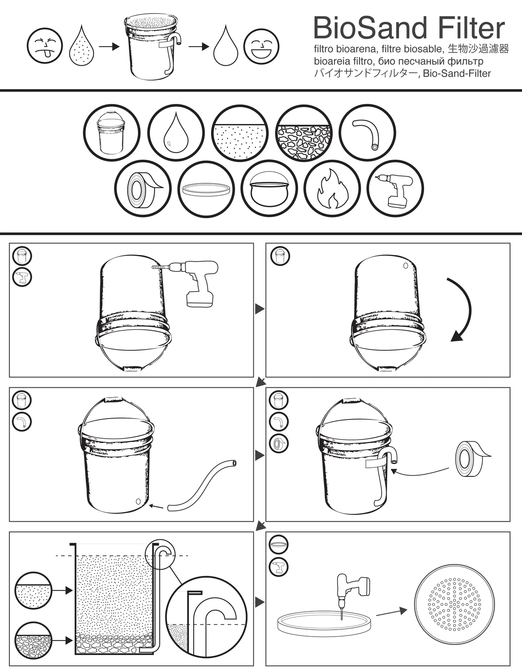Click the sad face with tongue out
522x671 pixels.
pyautogui.click(x=44, y=46)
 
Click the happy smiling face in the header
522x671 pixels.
pyautogui.click(x=261, y=46)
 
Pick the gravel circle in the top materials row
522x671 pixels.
pyautogui.click(x=304, y=132)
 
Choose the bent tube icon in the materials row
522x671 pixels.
pyautogui.click(x=367, y=132)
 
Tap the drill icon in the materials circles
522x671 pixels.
pyautogui.click(x=395, y=189)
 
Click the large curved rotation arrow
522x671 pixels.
pyautogui.click(x=462, y=309)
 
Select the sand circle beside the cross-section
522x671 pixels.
pyautogui.click(x=33, y=590)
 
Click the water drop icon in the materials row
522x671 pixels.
pyautogui.click(x=176, y=132)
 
